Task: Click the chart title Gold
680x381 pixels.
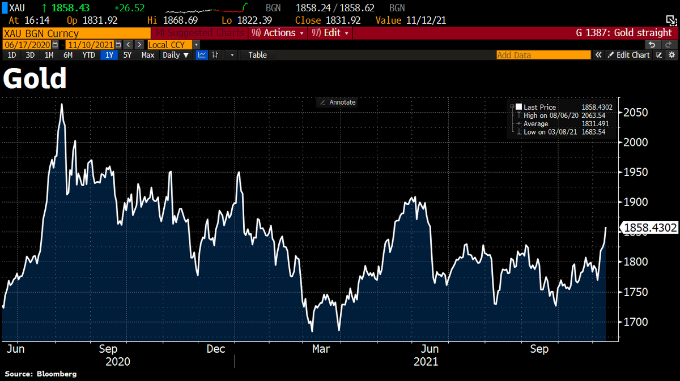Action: click(35, 79)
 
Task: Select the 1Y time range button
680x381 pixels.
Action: click(108, 55)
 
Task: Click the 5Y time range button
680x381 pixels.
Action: click(127, 55)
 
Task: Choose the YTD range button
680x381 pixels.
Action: click(88, 55)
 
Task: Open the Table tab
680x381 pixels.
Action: click(257, 55)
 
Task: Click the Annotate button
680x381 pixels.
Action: click(338, 102)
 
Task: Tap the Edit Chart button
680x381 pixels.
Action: click(628, 55)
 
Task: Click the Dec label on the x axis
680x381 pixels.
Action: click(216, 349)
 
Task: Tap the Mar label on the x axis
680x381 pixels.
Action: click(322, 349)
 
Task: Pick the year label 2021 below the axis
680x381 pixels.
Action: click(426, 361)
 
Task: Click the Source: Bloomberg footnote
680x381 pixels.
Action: click(41, 374)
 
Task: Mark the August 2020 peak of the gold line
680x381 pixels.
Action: click(61, 104)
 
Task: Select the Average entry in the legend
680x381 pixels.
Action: click(535, 123)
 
